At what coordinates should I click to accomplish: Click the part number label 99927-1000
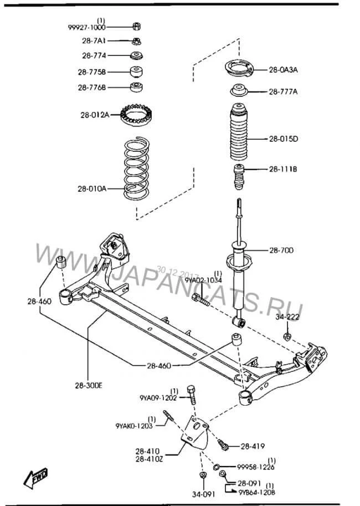point(87,27)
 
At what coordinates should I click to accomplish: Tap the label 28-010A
point(91,188)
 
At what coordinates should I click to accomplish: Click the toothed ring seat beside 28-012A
point(136,115)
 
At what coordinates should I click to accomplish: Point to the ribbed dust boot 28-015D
point(239,132)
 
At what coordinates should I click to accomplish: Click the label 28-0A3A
point(283,69)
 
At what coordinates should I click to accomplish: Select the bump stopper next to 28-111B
point(239,177)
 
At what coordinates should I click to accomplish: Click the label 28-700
point(281,250)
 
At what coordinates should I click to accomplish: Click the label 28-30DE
point(89,385)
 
